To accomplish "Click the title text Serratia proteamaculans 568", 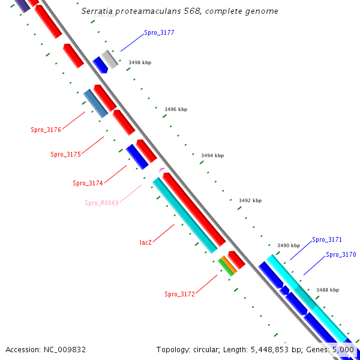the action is (x=179, y=11).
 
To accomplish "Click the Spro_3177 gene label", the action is (x=159, y=32).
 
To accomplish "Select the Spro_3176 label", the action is (x=46, y=129).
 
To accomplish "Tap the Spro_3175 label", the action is (x=65, y=154).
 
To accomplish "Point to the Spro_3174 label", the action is (x=88, y=183).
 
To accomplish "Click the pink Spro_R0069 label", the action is (x=101, y=203).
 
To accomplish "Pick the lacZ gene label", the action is (x=146, y=242).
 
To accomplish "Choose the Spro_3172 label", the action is (x=179, y=294).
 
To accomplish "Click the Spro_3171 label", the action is (x=327, y=239).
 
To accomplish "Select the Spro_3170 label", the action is (x=341, y=254).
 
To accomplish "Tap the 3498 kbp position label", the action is (x=140, y=62).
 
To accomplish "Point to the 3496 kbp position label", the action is (x=176, y=109).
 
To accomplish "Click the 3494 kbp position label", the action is (x=212, y=155).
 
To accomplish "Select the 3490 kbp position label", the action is (x=288, y=245).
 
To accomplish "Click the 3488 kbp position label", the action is (x=328, y=289).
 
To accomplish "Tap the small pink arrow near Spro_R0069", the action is (x=161, y=170).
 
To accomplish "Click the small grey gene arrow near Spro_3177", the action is (x=110, y=59).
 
